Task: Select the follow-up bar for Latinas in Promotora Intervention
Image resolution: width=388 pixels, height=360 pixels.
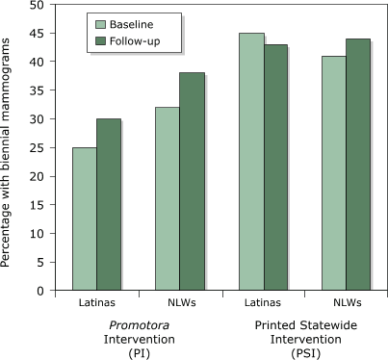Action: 108,205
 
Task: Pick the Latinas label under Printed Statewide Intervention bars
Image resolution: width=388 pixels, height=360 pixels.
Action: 248,303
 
